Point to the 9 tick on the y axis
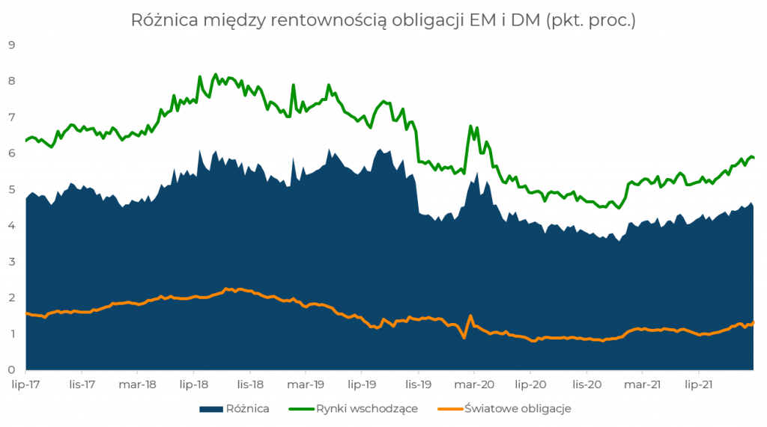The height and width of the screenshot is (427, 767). click(x=12, y=43)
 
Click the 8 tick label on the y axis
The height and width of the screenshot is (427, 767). click(x=12, y=80)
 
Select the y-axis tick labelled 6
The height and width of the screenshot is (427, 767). click(x=12, y=153)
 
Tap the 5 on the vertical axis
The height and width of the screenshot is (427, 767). click(x=12, y=188)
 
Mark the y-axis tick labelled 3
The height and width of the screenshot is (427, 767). click(x=12, y=262)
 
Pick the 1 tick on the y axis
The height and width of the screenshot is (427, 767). click(x=12, y=334)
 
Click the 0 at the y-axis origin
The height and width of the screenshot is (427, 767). click(x=12, y=370)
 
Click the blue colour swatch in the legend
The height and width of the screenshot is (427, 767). click(x=211, y=409)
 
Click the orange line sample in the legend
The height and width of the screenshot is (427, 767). click(x=449, y=409)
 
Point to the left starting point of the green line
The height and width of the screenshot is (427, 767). click(x=26, y=138)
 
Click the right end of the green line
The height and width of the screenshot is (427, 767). click(x=753, y=157)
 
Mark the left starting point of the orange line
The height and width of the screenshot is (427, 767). click(x=26, y=313)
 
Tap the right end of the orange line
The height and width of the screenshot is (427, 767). click(x=753, y=322)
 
